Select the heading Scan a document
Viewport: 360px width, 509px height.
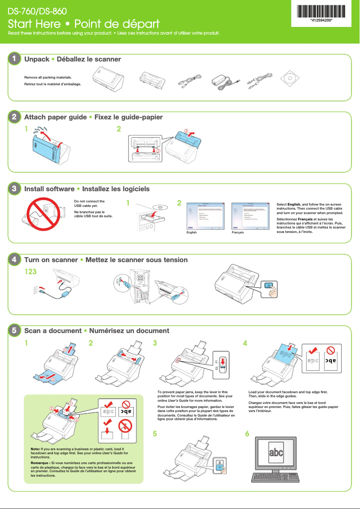point(53,331)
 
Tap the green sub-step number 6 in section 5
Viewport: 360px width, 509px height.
point(247,434)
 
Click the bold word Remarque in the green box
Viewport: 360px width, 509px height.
point(40,462)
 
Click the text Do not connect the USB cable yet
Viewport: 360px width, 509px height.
point(89,203)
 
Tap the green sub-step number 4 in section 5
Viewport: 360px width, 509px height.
point(245,343)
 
